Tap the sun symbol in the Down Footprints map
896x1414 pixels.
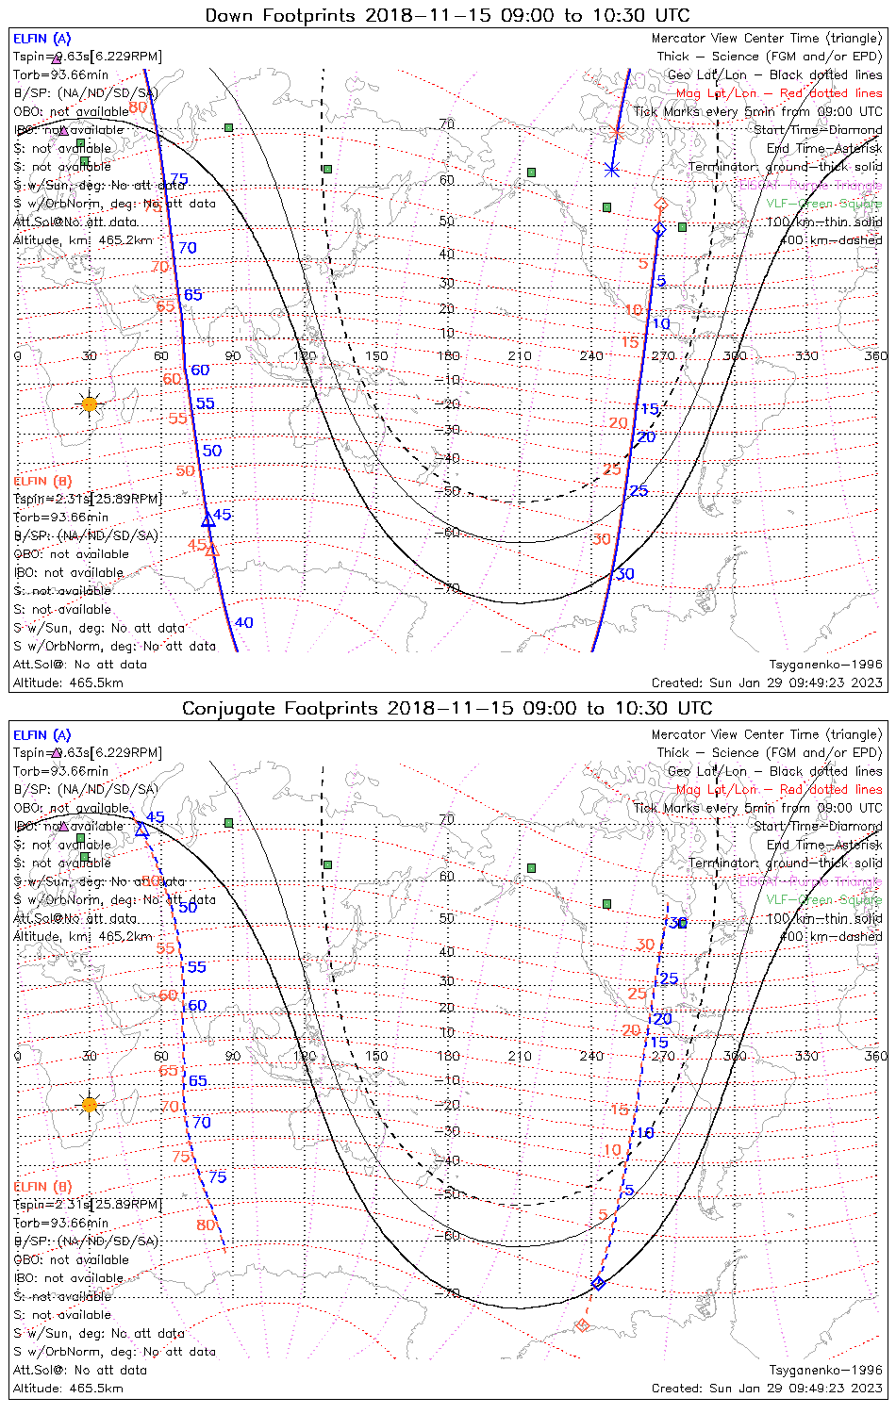[x=90, y=404]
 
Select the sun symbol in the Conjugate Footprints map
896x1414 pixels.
[x=90, y=1104]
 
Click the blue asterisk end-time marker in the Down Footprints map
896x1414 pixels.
[x=612, y=170]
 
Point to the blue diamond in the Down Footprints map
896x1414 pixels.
[x=659, y=229]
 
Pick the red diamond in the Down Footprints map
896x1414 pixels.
[x=661, y=205]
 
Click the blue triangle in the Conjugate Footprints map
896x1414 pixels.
[x=142, y=829]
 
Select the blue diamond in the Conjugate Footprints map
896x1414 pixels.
[x=597, y=1283]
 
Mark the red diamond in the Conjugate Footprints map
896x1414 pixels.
[x=582, y=1325]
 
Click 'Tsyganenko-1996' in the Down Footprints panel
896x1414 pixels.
[x=825, y=665]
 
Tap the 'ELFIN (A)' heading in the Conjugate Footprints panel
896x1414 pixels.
[x=42, y=735]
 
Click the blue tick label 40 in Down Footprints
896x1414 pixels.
[x=243, y=622]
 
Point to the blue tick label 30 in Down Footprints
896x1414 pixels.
[x=624, y=574]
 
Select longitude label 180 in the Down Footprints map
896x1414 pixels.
[x=448, y=355]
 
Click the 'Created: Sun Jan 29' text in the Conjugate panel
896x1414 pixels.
[x=767, y=1388]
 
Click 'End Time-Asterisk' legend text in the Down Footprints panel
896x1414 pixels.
[x=824, y=148]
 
